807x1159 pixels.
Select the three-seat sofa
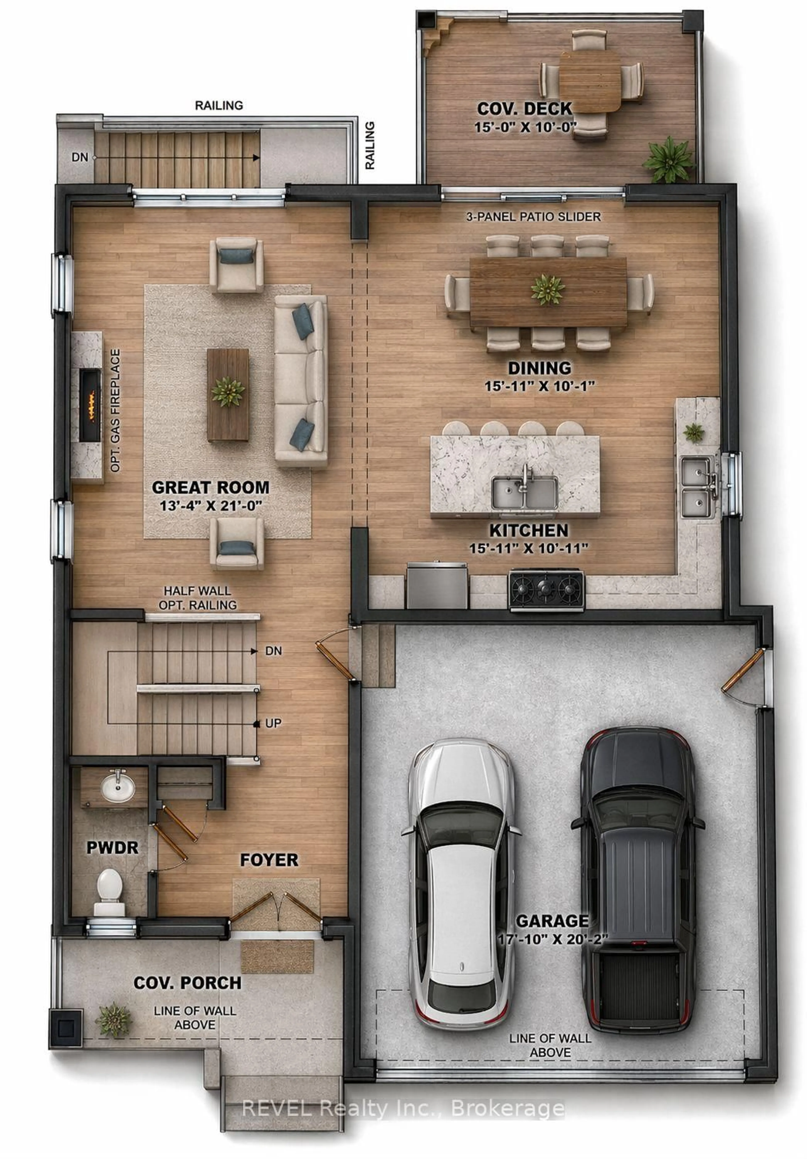(x=301, y=380)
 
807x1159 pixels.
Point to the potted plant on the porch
(x=113, y=1020)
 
